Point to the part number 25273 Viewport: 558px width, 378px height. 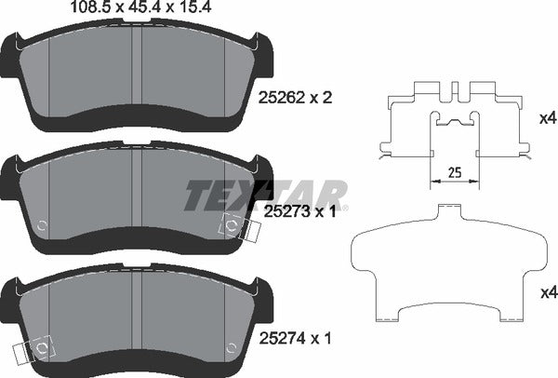(281, 213)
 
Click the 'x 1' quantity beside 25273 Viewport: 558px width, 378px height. (322, 213)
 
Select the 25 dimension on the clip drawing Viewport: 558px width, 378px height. (455, 171)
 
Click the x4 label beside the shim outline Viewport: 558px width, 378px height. (548, 293)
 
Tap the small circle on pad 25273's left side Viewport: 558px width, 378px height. (43, 225)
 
